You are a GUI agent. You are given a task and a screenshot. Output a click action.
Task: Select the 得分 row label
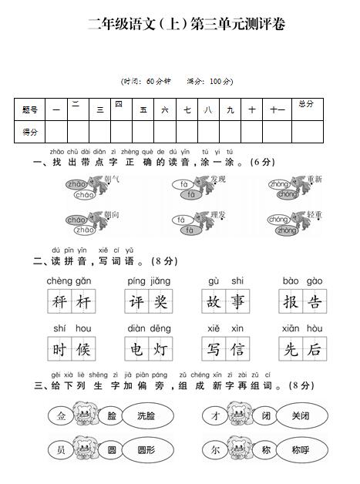click(30, 132)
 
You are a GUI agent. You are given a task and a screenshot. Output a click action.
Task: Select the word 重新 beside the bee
click(315, 179)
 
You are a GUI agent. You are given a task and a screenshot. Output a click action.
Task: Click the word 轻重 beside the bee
click(315, 215)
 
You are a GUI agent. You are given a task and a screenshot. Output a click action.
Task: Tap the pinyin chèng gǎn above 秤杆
click(70, 281)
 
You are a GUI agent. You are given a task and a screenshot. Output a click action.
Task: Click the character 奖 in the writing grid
click(160, 303)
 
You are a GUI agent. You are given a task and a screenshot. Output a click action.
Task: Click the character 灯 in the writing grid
click(160, 349)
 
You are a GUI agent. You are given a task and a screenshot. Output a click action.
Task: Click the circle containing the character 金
click(61, 416)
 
